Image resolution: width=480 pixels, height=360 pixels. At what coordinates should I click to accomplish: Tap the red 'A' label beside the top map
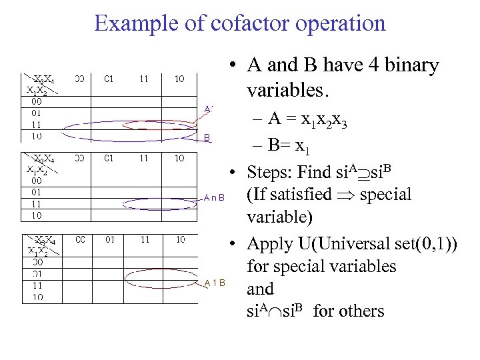click(208, 109)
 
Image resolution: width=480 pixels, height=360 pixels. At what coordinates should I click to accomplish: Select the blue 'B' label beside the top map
click(207, 138)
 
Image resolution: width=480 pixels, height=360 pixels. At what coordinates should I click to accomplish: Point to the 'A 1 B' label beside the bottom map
click(215, 283)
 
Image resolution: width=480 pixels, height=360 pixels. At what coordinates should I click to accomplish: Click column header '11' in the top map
click(144, 79)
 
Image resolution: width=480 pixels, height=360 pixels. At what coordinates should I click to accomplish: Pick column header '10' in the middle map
click(179, 159)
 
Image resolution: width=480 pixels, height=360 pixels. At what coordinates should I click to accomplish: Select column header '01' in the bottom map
click(109, 239)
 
